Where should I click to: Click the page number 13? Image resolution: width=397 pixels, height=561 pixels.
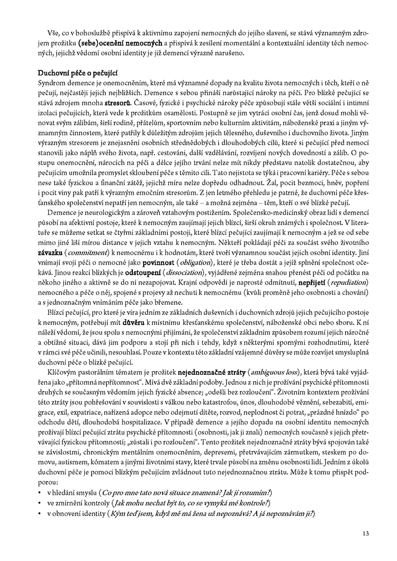[x=365, y=533]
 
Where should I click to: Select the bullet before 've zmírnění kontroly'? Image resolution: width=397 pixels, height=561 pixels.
[x=40, y=503]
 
